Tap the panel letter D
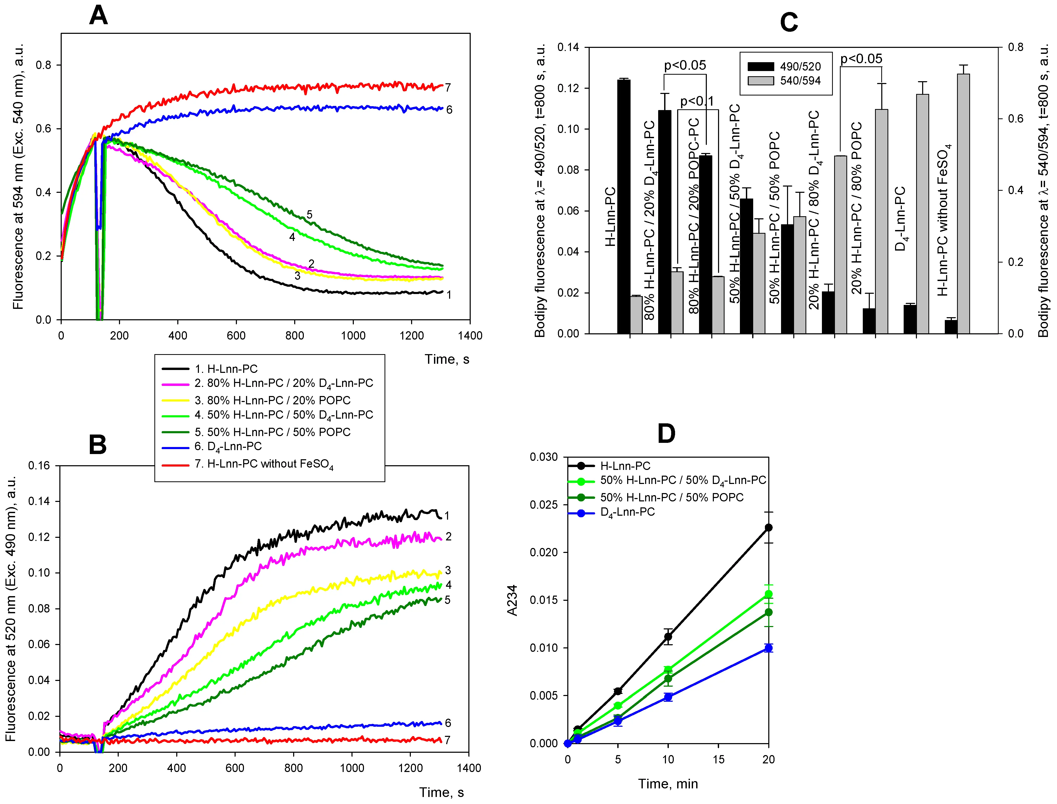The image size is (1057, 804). pos(666,433)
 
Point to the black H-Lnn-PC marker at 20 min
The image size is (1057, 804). pos(768,527)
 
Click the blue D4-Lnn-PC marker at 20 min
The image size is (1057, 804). pos(768,648)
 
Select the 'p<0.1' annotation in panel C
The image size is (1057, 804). pos(696,101)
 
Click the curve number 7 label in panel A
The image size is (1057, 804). pos(448,88)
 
